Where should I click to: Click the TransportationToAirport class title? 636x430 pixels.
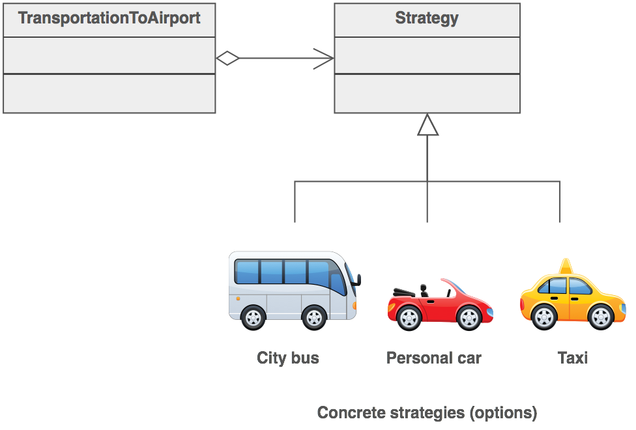tap(109, 18)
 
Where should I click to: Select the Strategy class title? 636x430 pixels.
tap(427, 18)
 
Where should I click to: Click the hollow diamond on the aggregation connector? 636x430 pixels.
tap(227, 59)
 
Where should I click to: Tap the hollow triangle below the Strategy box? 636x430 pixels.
tap(427, 125)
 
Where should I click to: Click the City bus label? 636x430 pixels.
tap(288, 358)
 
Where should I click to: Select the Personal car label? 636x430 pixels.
tap(433, 358)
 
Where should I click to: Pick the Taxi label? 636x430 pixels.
tap(573, 358)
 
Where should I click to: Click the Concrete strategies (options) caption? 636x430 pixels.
tap(427, 412)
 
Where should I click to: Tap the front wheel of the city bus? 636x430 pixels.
tap(314, 317)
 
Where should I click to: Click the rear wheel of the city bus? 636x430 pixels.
tap(253, 317)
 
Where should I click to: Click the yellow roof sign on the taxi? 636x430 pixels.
tap(566, 266)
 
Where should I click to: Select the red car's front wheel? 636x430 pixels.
tap(469, 317)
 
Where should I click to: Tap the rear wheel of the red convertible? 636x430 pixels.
tap(409, 317)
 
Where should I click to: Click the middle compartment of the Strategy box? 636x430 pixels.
tap(427, 55)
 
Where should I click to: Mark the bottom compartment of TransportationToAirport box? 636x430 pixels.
tap(109, 93)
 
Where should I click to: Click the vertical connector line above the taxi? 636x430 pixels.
tap(560, 202)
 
